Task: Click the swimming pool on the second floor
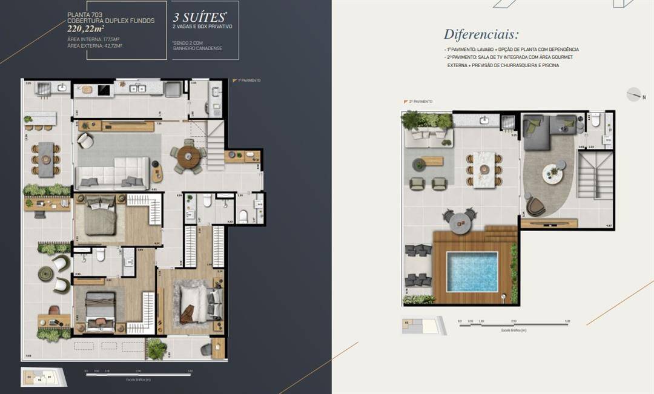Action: click(x=472, y=272)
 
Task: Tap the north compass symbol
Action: click(x=633, y=95)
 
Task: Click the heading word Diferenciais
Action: click(x=481, y=34)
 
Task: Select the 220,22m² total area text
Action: click(x=87, y=28)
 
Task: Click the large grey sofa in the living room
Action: click(x=113, y=174)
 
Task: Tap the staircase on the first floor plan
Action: click(x=216, y=145)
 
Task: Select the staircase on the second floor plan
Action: click(x=595, y=175)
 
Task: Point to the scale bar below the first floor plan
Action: click(x=139, y=374)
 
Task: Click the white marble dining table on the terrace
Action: click(x=484, y=169)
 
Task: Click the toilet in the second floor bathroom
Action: click(x=596, y=122)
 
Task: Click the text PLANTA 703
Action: click(x=81, y=14)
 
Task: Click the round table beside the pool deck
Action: click(x=460, y=221)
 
